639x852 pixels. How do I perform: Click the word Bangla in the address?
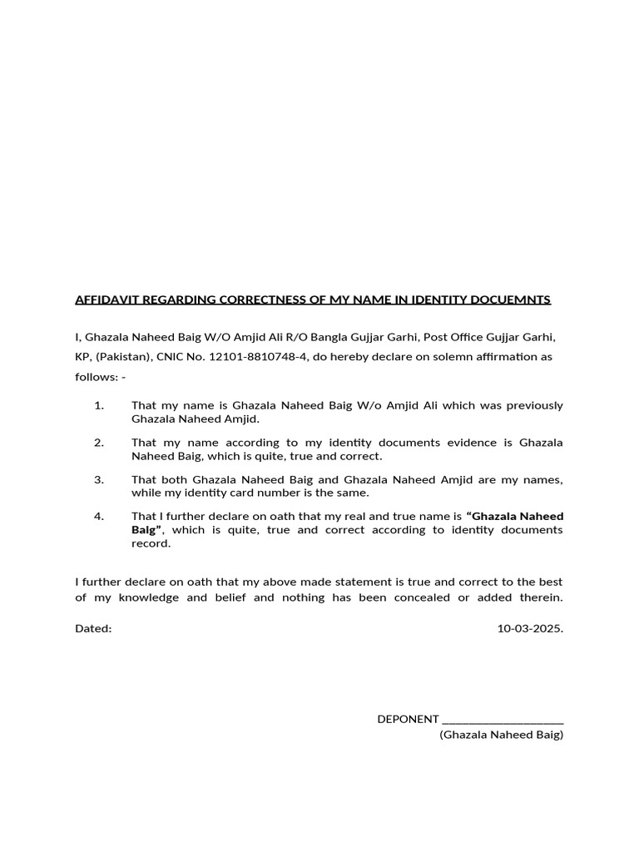click(309, 337)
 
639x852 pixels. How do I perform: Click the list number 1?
click(99, 405)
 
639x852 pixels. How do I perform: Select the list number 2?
click(99, 443)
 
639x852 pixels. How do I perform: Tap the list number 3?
click(99, 480)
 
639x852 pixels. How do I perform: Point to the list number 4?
click(99, 517)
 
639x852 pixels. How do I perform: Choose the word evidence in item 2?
click(471, 443)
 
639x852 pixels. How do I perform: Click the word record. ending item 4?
click(151, 543)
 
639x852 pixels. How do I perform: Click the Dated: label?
click(93, 628)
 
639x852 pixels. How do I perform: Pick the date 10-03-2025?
click(530, 628)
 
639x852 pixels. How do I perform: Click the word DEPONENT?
click(408, 719)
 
